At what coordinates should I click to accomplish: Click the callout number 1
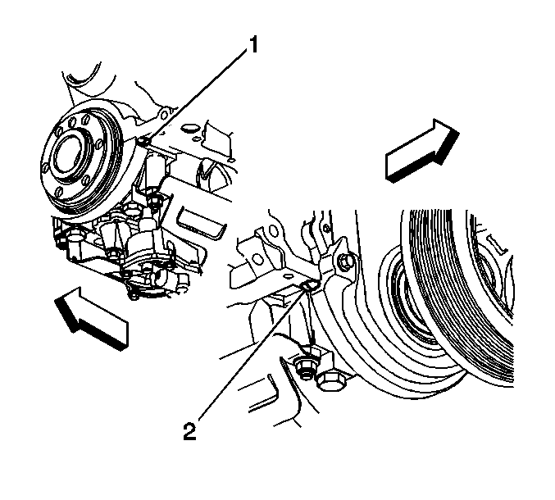pos(253,45)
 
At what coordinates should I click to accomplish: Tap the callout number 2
pos(189,431)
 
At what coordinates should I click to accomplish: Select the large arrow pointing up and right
pos(422,151)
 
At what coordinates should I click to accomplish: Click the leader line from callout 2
pos(252,354)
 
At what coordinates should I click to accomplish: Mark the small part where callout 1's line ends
pos(143,142)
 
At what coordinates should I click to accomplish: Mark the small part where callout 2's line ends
pos(309,284)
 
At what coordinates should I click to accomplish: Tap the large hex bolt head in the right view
pos(330,380)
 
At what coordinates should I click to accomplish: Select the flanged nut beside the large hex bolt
pos(303,369)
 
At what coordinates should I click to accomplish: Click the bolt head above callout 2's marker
pos(347,261)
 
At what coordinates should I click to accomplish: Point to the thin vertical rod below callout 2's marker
pos(312,316)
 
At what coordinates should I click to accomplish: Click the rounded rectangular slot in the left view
pos(201,222)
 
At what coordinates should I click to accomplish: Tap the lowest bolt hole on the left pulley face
pos(60,193)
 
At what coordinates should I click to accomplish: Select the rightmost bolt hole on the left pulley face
pos(99,143)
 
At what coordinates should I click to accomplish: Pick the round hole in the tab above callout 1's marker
pos(164,115)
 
